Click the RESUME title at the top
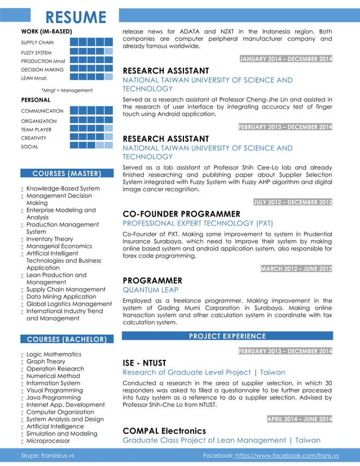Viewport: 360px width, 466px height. (76, 17)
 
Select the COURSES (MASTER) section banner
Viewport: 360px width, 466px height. (67, 173)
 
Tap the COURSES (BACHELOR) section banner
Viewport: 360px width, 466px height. (67, 339)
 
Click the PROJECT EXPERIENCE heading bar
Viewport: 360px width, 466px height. (227, 336)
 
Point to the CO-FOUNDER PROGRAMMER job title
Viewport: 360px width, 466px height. (181, 214)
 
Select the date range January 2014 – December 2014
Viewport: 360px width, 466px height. (286, 59)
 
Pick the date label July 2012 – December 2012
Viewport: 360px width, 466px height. (293, 202)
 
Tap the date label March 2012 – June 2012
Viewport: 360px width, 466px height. (296, 269)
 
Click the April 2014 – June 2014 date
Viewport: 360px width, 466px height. (299, 419)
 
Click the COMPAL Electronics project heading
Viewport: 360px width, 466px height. (164, 431)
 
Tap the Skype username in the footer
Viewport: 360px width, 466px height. (47, 455)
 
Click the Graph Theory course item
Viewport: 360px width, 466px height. (46, 362)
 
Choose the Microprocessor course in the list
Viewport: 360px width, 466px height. (48, 441)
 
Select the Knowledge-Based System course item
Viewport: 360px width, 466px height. (63, 188)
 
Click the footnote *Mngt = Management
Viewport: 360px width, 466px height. (67, 90)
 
